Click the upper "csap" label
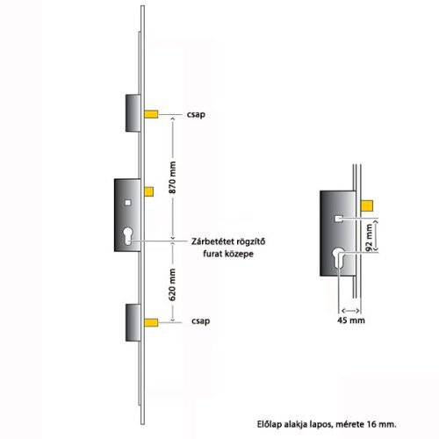point(197,114)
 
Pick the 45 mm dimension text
point(351,321)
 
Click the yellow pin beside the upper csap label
point(151,114)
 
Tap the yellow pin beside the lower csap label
point(151,323)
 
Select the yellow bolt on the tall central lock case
point(148,191)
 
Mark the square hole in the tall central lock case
point(130,203)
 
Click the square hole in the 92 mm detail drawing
point(338,214)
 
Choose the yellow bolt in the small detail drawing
point(367,205)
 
